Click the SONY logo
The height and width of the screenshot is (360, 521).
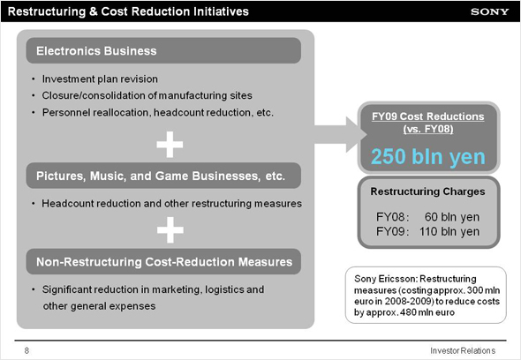(489, 11)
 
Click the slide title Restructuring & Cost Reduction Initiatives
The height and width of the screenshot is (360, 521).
(128, 11)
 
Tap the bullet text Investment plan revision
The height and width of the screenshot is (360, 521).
(100, 79)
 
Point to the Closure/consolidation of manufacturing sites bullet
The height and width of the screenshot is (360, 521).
(147, 95)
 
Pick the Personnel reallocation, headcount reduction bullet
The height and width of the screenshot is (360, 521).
(158, 113)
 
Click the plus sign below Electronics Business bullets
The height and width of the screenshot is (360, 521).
(170, 145)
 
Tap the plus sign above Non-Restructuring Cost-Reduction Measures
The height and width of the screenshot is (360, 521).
(170, 229)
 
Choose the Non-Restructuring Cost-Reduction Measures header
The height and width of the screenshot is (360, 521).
(163, 262)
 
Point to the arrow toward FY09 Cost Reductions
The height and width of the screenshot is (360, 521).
(341, 134)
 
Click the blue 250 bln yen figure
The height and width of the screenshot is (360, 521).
(428, 156)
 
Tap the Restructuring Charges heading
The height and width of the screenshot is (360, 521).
(428, 191)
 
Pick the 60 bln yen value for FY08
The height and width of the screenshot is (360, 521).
(452, 217)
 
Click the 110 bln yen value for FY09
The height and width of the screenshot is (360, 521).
(449, 231)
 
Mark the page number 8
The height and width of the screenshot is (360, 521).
(26, 350)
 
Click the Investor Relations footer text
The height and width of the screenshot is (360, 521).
(463, 350)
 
